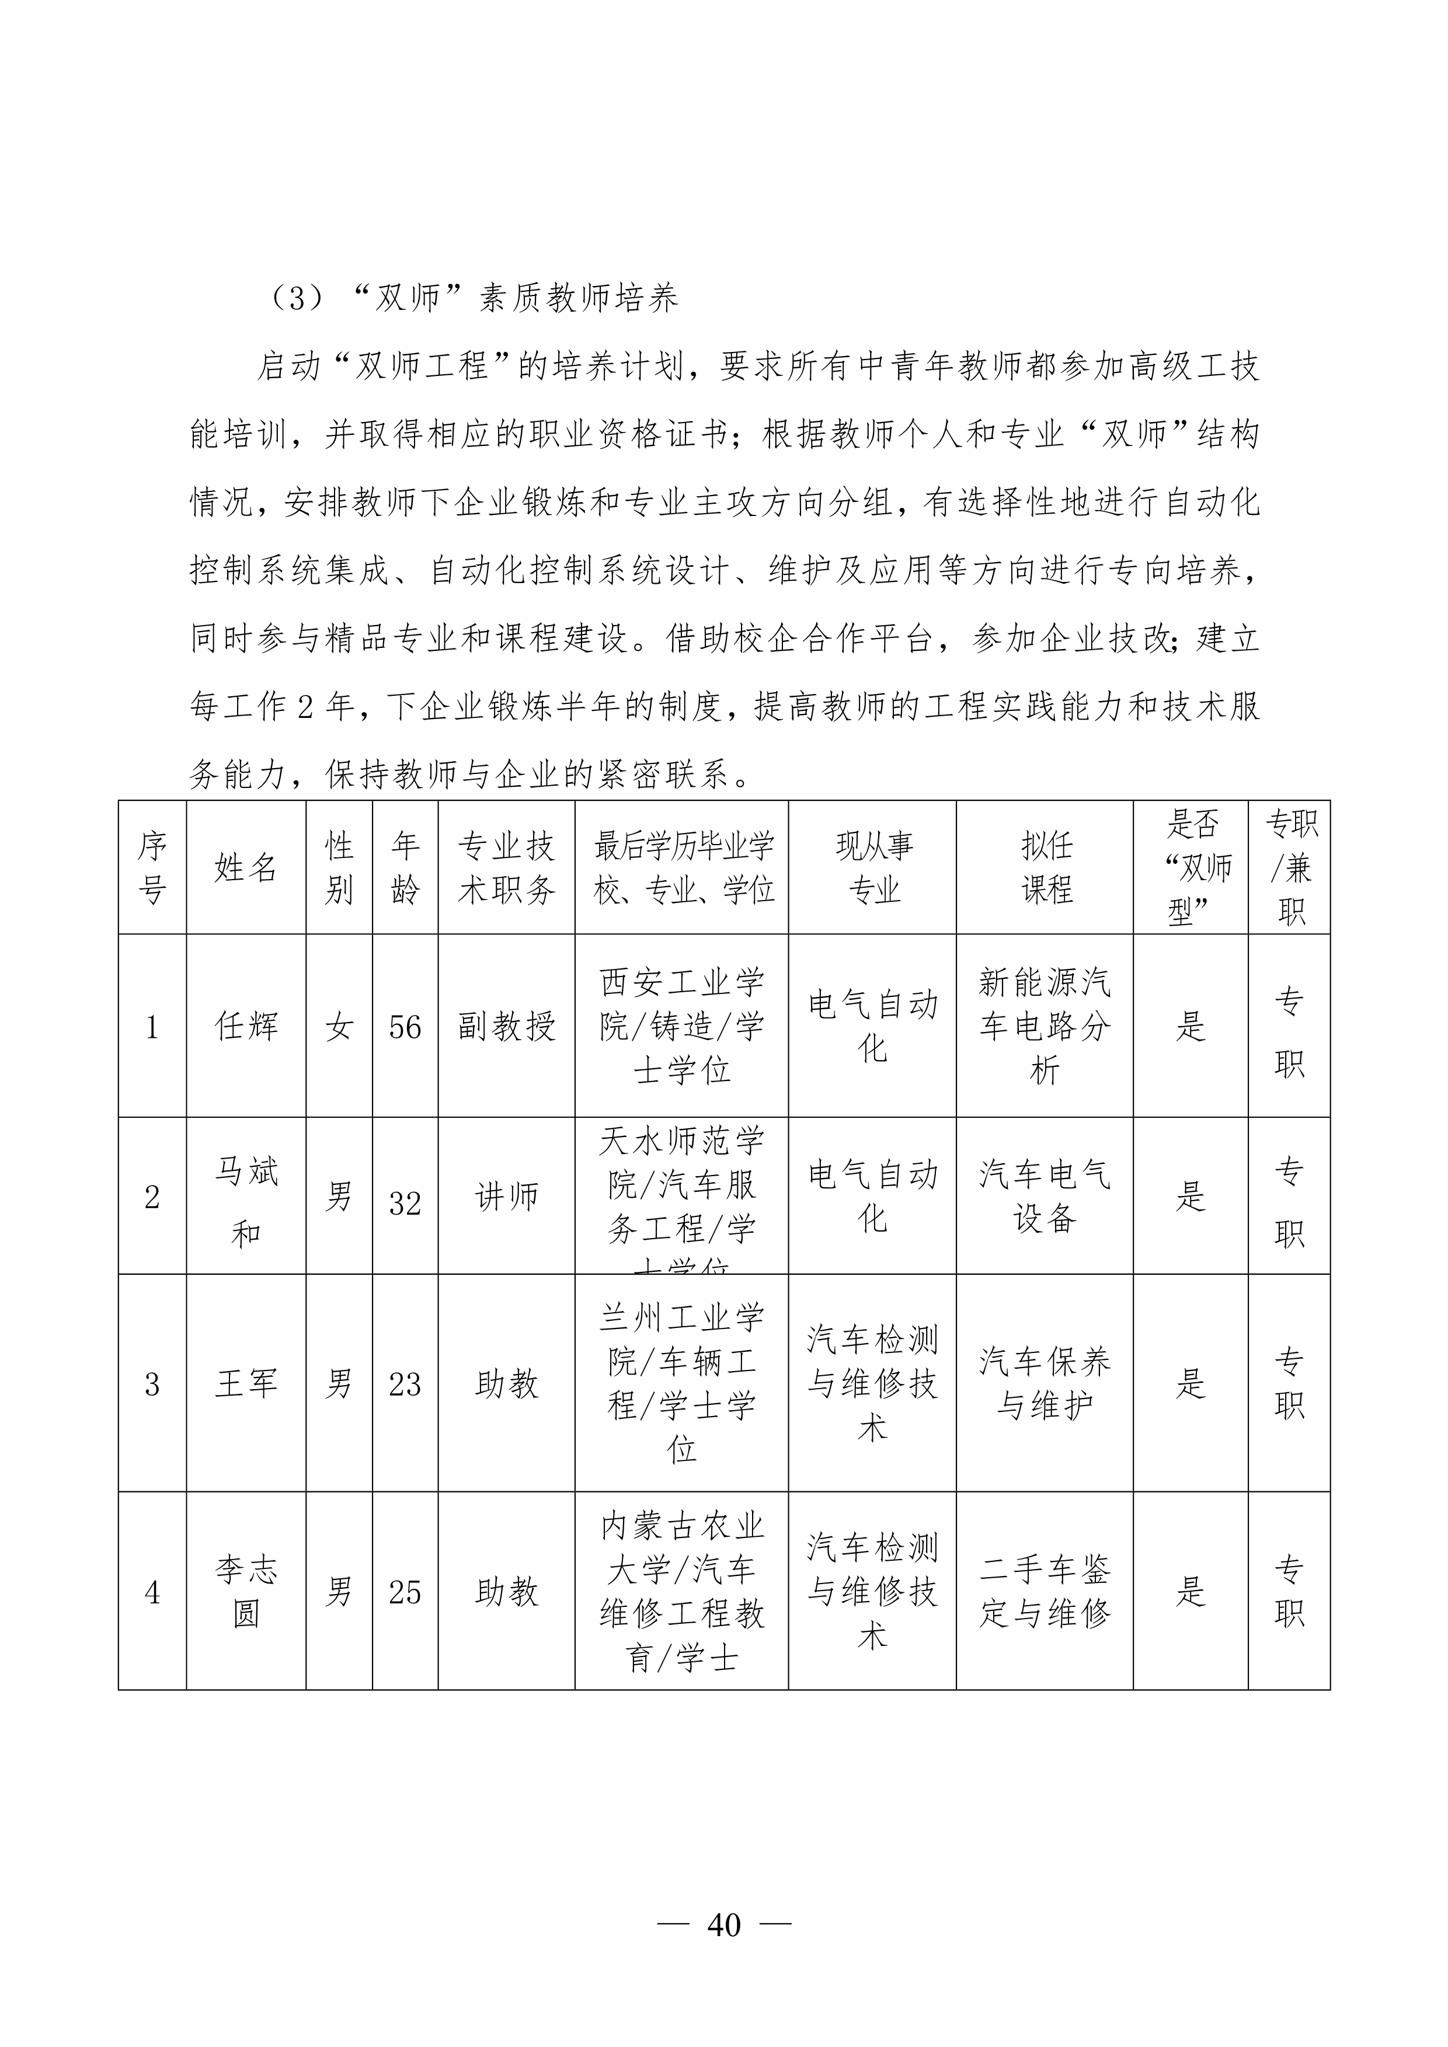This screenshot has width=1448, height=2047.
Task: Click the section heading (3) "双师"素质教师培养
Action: click(x=472, y=298)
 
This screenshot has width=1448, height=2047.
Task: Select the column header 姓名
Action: click(x=246, y=867)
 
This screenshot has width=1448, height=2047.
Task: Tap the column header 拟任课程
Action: click(x=1045, y=867)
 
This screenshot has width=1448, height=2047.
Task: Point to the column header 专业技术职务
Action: click(x=506, y=867)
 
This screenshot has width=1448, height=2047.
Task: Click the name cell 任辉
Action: click(x=246, y=1026)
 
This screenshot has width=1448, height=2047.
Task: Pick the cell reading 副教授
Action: click(x=506, y=1026)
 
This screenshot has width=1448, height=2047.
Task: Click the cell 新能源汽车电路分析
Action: click(x=1045, y=1026)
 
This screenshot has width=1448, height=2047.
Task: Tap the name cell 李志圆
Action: click(x=246, y=1591)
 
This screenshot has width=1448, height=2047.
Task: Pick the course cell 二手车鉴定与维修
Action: click(x=1045, y=1591)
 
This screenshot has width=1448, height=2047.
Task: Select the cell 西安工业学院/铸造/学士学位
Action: click(x=682, y=1026)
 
